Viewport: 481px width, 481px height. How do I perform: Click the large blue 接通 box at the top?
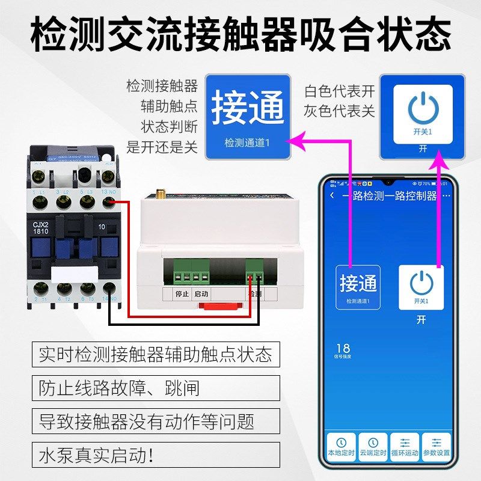(248, 117)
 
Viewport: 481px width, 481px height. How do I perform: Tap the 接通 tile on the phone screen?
(358, 287)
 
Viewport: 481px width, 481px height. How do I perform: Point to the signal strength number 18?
(343, 348)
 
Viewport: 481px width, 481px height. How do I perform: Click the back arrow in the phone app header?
(332, 196)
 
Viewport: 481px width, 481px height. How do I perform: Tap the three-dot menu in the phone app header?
(446, 196)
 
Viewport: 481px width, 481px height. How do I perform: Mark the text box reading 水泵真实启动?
(156, 455)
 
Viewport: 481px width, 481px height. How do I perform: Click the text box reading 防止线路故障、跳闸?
(156, 387)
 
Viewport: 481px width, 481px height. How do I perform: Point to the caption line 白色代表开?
(339, 91)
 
